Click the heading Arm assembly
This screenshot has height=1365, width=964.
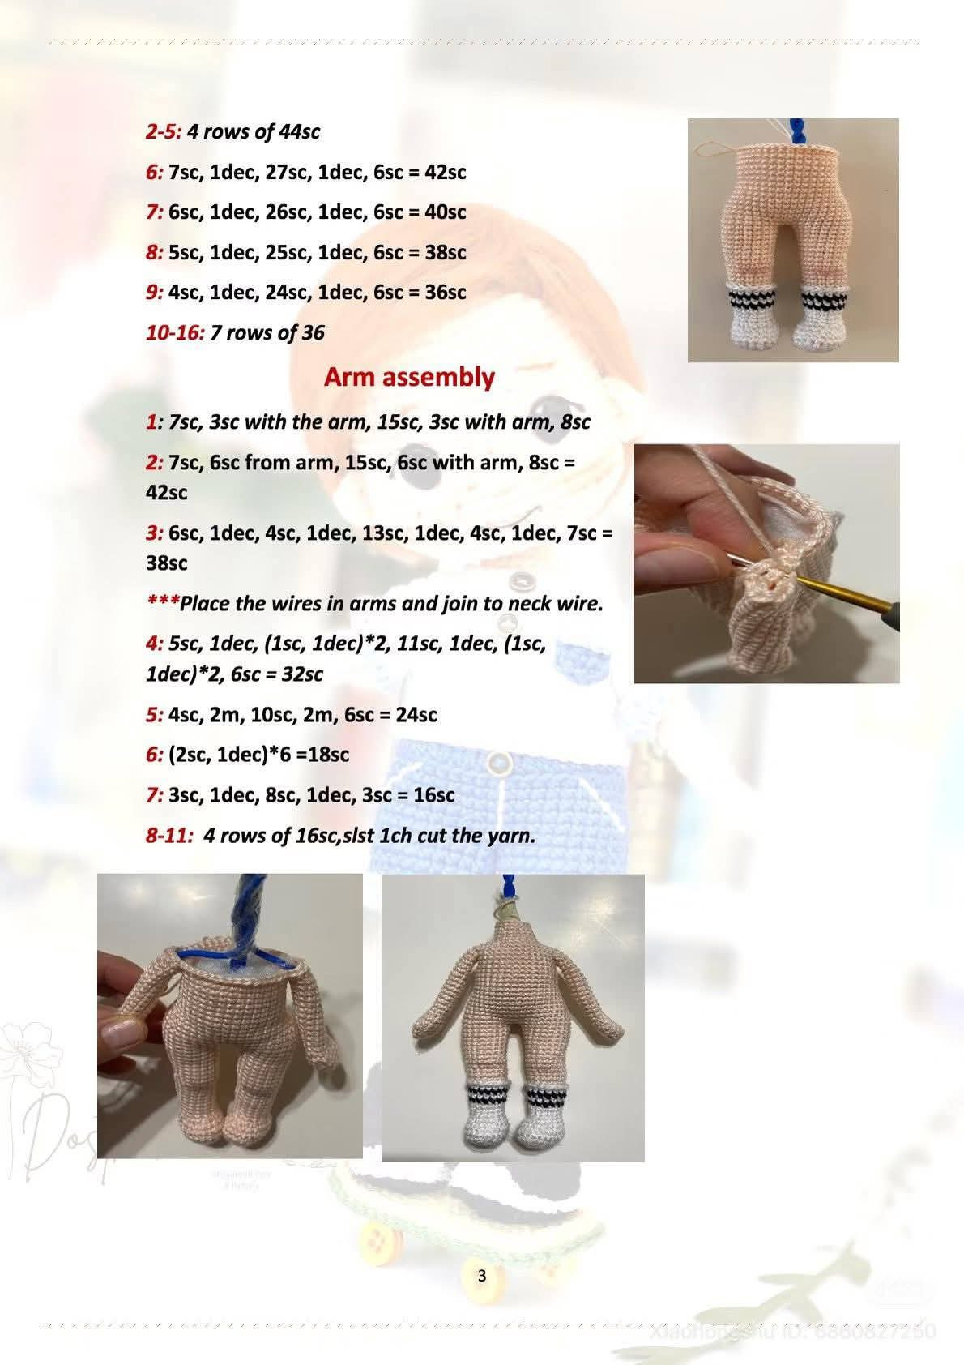[x=409, y=377]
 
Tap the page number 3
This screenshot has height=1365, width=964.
[x=482, y=1276]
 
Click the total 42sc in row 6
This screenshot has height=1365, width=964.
[x=446, y=172]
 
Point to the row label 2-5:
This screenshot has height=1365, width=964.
[x=164, y=131]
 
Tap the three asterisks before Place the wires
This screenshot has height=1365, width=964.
[x=162, y=602]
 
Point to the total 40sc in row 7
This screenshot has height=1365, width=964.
[x=446, y=212]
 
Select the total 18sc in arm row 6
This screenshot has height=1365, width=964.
[x=328, y=754]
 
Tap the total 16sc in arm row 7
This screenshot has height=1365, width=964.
[x=434, y=794]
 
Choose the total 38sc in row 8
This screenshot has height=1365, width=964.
[x=446, y=252]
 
